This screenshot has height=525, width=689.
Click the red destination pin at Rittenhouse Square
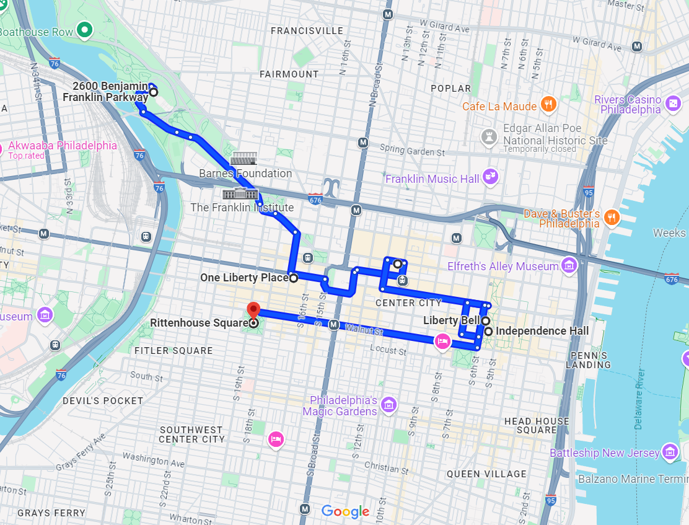(x=253, y=310)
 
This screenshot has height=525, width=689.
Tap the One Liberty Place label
(x=244, y=278)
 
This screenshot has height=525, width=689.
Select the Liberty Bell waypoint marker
(x=486, y=321)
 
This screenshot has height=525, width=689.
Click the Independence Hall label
(x=542, y=331)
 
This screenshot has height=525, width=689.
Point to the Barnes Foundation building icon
(x=243, y=159)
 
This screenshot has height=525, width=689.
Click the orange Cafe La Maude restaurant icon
(x=548, y=105)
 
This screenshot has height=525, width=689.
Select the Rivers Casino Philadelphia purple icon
(x=673, y=104)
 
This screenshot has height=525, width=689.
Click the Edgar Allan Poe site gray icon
(x=490, y=136)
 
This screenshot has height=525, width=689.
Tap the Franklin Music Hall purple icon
(x=491, y=177)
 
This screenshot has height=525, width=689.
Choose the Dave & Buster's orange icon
(x=612, y=217)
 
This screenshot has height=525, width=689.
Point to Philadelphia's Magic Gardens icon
(x=388, y=405)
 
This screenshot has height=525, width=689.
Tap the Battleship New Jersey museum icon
(x=670, y=452)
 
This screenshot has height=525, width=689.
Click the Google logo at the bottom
(x=345, y=511)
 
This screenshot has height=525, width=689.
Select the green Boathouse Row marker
(x=84, y=30)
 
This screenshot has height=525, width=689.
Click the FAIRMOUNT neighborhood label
(x=289, y=74)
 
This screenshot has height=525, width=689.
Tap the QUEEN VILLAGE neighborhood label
(x=486, y=474)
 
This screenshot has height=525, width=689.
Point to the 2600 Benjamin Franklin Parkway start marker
(x=153, y=92)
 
